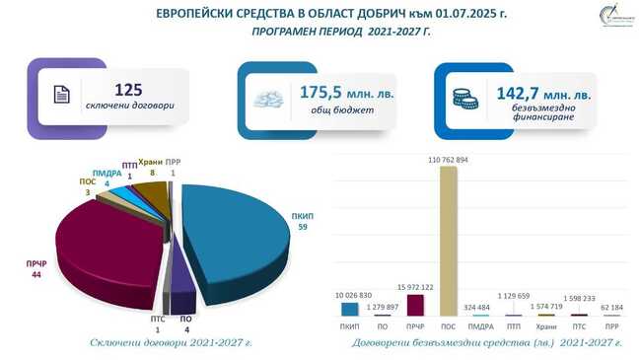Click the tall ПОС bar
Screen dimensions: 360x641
click(x=449, y=242)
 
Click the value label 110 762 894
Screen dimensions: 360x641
click(x=449, y=158)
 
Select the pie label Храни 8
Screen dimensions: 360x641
click(x=150, y=167)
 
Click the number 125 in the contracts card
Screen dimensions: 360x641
click(x=129, y=88)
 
